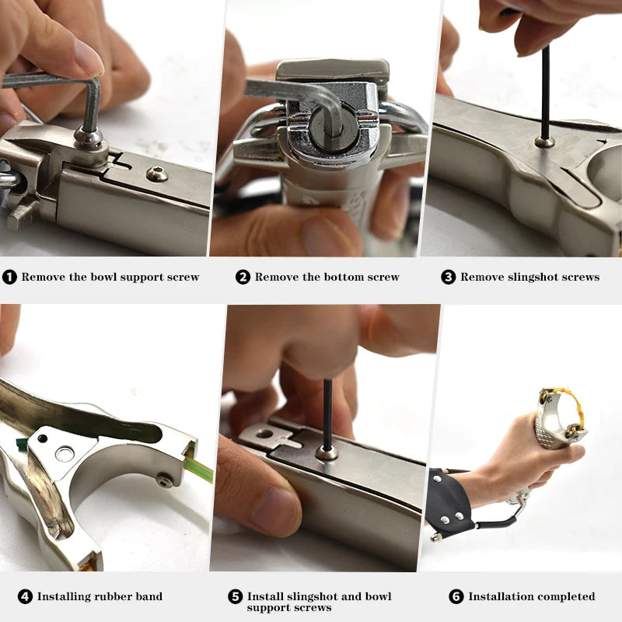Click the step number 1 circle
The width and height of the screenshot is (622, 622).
click(x=9, y=277)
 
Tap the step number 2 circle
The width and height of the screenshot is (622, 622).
click(x=243, y=277)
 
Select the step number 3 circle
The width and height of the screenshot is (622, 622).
click(x=449, y=277)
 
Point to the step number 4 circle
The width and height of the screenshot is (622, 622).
click(x=25, y=596)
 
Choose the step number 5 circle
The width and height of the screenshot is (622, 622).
click(x=236, y=596)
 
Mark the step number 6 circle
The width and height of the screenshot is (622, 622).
click(x=456, y=596)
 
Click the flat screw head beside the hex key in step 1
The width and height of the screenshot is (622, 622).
click(x=157, y=173)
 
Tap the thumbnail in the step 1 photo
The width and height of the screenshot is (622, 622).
click(x=88, y=57)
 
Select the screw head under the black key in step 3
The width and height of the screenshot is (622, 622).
click(x=545, y=141)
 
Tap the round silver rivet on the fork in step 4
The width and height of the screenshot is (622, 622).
click(x=65, y=454)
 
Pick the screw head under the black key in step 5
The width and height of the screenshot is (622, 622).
click(x=327, y=452)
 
